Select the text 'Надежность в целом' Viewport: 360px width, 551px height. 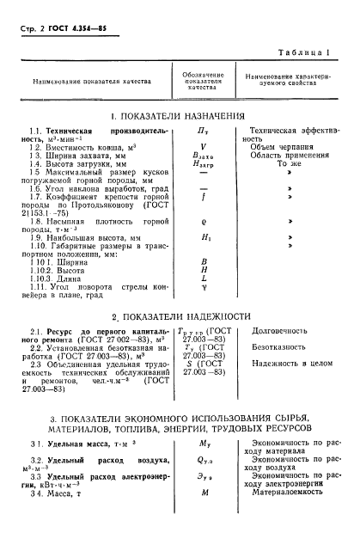pos(293,364)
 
